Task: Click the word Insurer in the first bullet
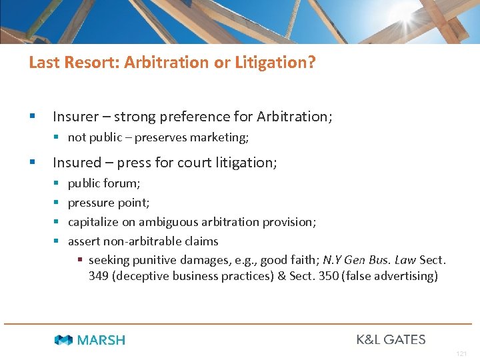pos(75,117)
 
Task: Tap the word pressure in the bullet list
pos(90,202)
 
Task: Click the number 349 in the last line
pos(99,276)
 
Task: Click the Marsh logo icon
pos(64,340)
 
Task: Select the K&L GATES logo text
pos(391,339)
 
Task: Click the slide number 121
pos(461,353)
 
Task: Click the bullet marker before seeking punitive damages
pos(79,260)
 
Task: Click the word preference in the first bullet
pos(189,117)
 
